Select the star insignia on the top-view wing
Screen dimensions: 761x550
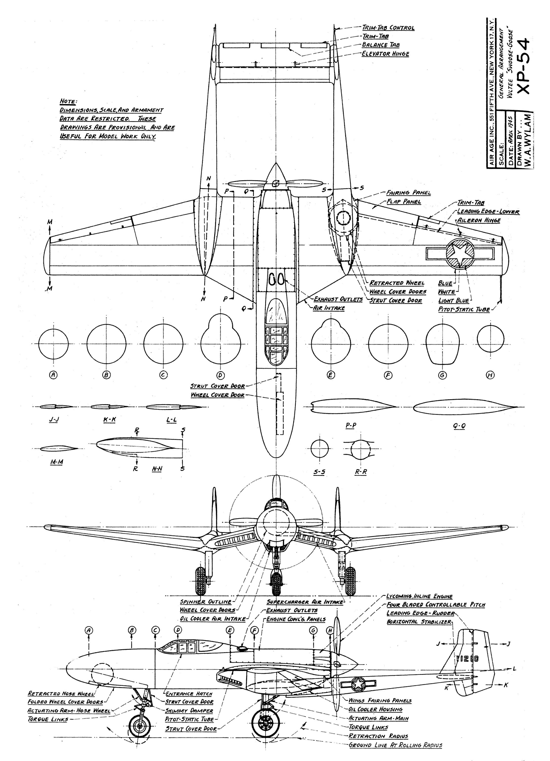460,254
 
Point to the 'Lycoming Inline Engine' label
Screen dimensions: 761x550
419,596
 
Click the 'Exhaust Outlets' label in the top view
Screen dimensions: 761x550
338,299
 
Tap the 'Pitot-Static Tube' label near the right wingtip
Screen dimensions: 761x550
464,309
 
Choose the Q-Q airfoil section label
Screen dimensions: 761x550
459,426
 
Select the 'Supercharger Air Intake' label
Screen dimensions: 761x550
305,602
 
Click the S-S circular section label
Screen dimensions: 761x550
319,472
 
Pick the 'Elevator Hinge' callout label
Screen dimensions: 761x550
385,54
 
